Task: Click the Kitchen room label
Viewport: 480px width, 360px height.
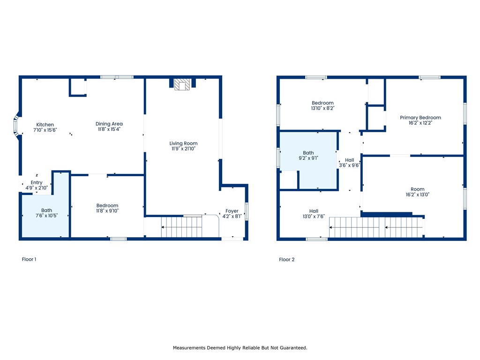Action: (45, 125)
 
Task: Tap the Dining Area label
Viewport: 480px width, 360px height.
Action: (109, 124)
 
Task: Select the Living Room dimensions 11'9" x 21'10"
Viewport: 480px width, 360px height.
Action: (183, 149)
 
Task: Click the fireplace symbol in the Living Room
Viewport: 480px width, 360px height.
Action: (182, 84)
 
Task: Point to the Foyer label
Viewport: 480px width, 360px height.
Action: (232, 211)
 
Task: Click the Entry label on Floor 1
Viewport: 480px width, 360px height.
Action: (37, 183)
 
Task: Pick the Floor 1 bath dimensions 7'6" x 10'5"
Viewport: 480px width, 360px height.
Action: (46, 216)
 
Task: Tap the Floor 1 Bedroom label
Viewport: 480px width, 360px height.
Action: (107, 205)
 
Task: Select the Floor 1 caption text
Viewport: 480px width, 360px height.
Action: (29, 259)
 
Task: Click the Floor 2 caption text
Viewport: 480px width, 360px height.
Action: (287, 260)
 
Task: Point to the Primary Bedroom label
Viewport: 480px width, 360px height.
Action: (420, 118)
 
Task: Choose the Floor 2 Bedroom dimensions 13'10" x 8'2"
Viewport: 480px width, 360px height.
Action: (322, 108)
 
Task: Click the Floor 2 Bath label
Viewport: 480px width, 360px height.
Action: (308, 153)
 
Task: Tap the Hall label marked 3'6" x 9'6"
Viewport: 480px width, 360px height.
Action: (350, 160)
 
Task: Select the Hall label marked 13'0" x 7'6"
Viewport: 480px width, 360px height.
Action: (314, 211)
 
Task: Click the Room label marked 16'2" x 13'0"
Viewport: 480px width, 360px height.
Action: (418, 189)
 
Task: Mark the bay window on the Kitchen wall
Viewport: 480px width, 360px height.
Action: (16, 126)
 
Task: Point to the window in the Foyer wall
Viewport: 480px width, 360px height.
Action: (247, 211)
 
